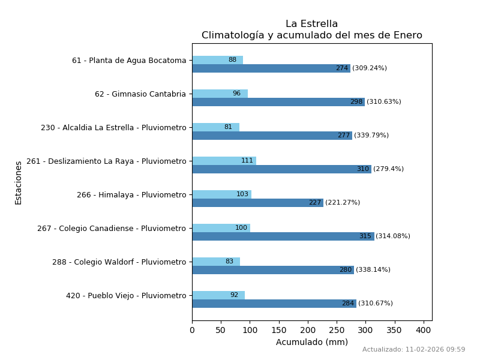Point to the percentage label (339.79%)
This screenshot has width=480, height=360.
[371, 136]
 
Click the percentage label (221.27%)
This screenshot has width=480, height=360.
[343, 203]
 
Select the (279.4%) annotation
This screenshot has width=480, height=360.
[388, 169]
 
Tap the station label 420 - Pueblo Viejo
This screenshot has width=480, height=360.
[126, 296]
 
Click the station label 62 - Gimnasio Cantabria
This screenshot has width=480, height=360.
[140, 94]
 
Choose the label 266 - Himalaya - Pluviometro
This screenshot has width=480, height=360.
[131, 195]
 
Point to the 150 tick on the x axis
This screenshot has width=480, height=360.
[279, 330]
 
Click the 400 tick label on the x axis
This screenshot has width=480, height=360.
[424, 330]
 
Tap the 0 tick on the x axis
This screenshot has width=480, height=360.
[192, 330]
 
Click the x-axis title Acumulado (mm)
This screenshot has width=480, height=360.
[311, 343]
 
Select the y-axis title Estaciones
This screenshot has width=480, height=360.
[19, 182]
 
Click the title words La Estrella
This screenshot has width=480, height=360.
[311, 24]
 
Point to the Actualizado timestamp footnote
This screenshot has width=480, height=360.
[413, 350]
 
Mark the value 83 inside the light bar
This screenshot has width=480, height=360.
[229, 262]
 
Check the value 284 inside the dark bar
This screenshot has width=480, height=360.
[348, 304]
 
